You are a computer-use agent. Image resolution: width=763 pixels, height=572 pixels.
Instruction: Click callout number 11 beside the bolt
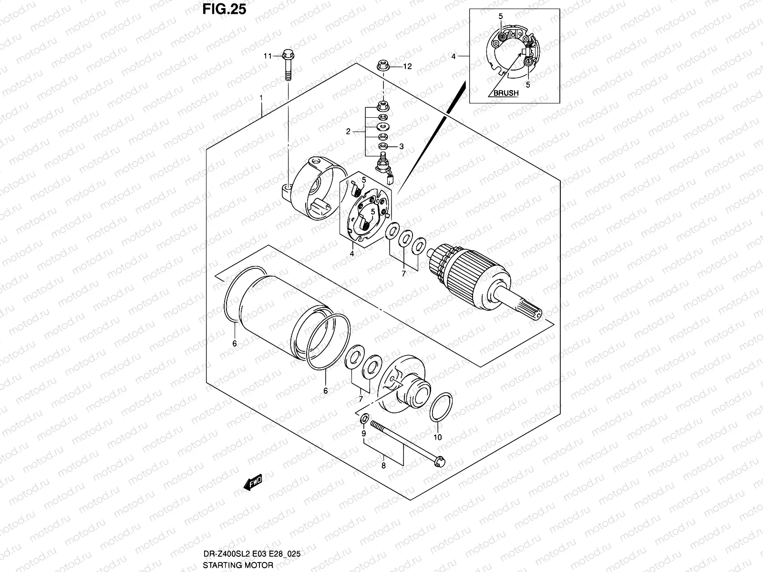(267, 56)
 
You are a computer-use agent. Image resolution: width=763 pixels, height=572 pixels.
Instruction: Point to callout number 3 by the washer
(402, 147)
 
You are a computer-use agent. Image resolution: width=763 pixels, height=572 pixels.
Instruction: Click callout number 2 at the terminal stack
(348, 132)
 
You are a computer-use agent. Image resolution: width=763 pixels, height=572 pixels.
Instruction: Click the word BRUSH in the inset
(505, 93)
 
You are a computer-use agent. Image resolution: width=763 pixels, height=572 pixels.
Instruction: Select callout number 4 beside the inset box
(454, 56)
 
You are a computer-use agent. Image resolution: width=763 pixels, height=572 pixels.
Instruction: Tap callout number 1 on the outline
(261, 98)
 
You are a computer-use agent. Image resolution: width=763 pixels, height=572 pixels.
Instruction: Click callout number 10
(438, 437)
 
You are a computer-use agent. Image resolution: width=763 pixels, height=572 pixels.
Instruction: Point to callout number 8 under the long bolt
(383, 466)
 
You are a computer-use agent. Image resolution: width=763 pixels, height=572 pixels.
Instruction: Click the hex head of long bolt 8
(441, 461)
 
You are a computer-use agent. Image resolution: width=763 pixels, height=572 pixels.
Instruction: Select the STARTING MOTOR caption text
(238, 565)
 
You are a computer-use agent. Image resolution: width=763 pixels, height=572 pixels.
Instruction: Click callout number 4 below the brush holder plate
(351, 254)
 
